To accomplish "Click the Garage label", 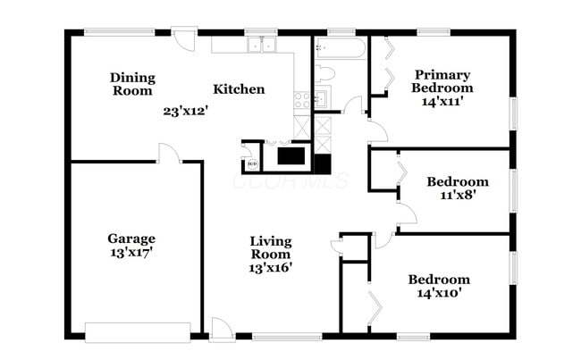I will (131, 239).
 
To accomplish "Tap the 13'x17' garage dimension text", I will (131, 252).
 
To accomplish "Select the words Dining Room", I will (132, 84).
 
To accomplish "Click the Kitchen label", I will (239, 89).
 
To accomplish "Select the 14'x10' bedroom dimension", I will (438, 292).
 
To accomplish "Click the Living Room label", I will (272, 247).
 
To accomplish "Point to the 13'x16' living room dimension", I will (272, 265).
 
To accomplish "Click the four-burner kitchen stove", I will (301, 100).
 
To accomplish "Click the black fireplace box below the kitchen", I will (290, 156).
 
